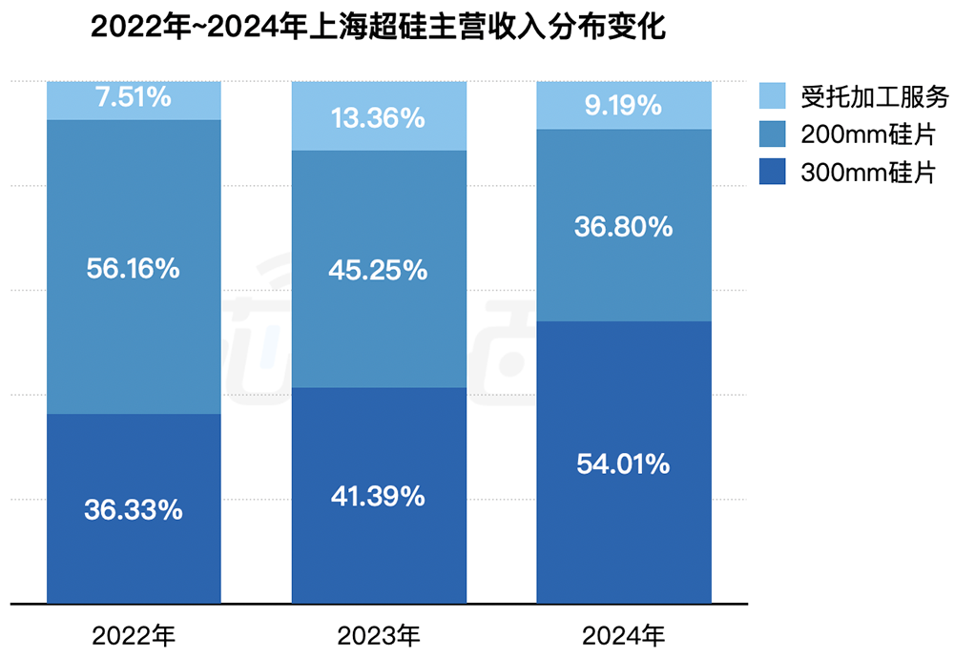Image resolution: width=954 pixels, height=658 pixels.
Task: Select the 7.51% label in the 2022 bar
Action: [134, 96]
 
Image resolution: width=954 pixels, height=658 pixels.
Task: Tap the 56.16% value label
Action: [134, 269]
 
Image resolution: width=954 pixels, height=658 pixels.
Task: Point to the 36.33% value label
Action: [134, 510]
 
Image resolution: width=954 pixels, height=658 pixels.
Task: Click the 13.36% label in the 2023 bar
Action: [378, 118]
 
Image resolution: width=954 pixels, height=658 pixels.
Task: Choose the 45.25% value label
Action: [378, 271]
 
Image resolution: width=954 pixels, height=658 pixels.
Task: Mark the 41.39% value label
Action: [378, 497]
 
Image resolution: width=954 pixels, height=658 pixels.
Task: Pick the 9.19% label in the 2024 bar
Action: [623, 106]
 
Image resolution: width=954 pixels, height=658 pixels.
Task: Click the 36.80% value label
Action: [623, 227]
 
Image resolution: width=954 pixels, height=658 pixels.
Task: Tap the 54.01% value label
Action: [623, 465]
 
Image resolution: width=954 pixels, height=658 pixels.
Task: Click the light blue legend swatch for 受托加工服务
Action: [773, 96]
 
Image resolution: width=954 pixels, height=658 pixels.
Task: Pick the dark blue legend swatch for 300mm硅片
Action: [773, 173]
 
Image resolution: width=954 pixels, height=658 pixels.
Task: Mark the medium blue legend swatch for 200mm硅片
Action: [773, 134]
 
